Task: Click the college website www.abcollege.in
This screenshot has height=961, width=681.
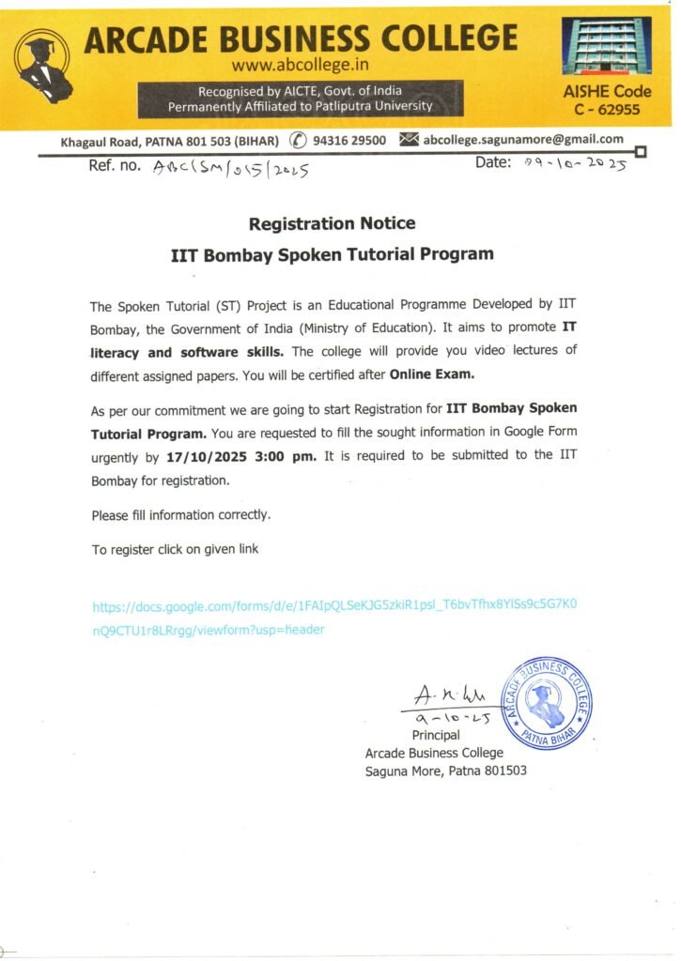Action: pos(302,65)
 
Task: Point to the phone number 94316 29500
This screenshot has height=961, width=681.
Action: pos(348,140)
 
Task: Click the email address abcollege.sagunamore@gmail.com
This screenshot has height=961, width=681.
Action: pos(522,139)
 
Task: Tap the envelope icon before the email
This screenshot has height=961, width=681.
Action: pos(409,140)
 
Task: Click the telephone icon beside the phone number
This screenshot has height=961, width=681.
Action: pos(299,140)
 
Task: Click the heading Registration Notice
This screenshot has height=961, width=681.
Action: pos(332,223)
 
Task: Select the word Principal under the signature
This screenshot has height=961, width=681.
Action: pos(436,735)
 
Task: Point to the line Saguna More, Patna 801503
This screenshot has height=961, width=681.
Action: pos(445,770)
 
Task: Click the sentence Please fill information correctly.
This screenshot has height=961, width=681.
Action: pos(180,514)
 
